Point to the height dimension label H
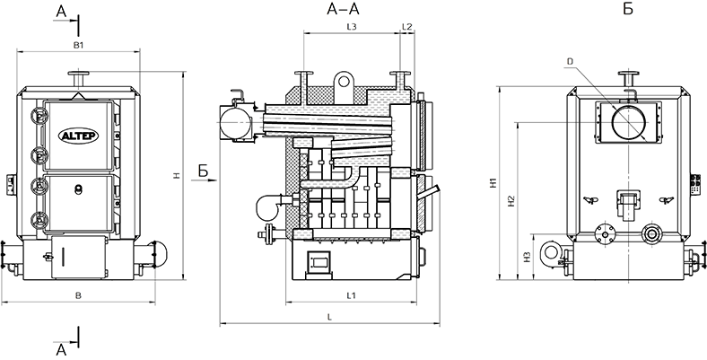tap(178, 177)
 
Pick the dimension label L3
tap(352, 28)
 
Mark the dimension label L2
tap(406, 28)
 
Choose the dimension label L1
tap(352, 294)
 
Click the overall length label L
tap(330, 317)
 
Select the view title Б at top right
tap(627, 10)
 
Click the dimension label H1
tap(493, 182)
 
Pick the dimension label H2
tap(510, 202)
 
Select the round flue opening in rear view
tap(626, 122)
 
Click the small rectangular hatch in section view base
tap(319, 261)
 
